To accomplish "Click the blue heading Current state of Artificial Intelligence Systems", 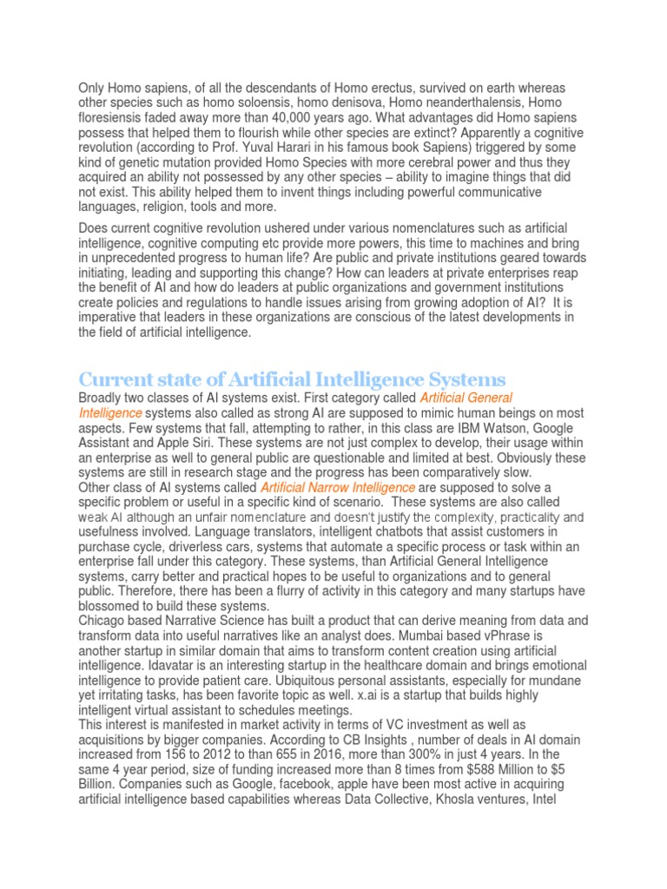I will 292,379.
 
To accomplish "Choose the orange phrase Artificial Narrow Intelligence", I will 337,488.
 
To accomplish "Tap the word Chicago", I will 103,621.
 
